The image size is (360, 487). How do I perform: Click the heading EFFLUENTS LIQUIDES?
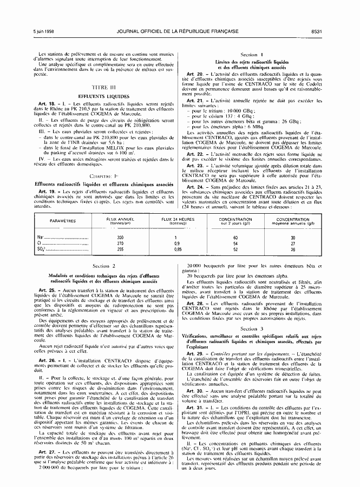coord(105,95)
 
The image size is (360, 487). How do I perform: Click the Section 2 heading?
coord(105,266)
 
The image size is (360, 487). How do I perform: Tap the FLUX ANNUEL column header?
coord(120,221)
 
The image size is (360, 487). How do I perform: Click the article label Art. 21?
coord(194,101)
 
